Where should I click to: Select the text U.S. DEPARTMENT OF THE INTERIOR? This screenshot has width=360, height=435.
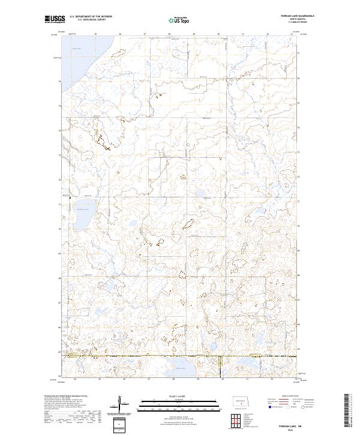point(90,17)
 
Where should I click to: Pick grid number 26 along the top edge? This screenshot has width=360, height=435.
point(121,34)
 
